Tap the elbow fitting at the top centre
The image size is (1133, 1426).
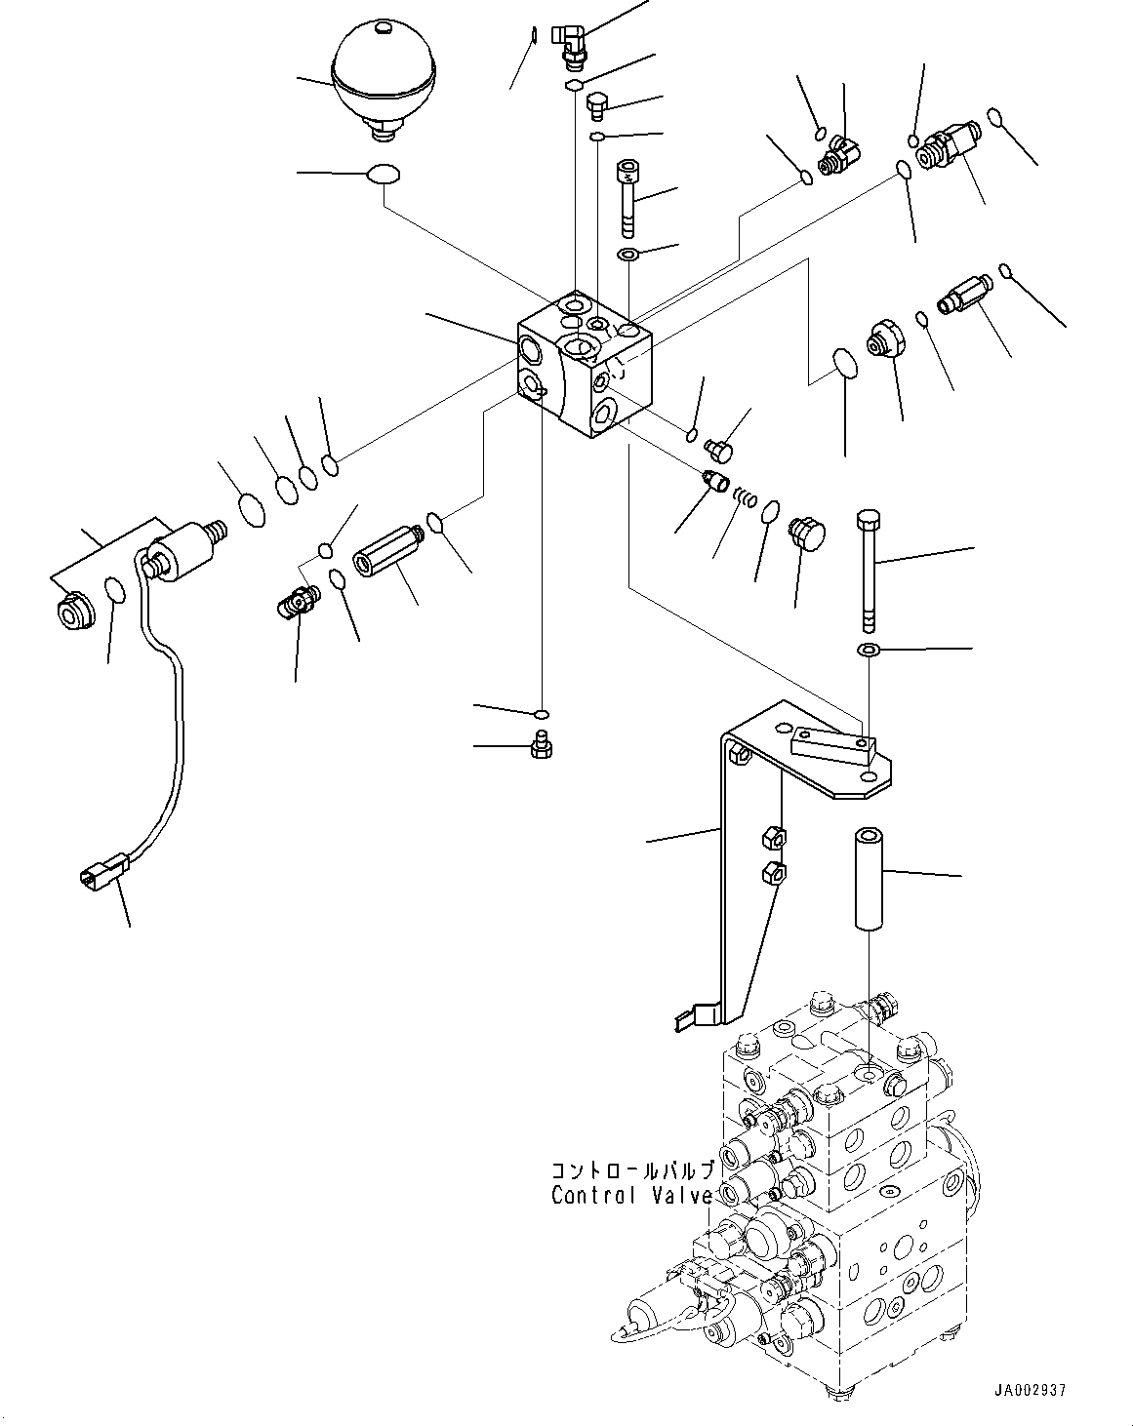[x=569, y=42]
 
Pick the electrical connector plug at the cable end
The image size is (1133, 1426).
[x=103, y=866]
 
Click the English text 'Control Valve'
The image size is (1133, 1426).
[x=631, y=1195]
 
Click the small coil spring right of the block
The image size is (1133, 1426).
[x=746, y=497]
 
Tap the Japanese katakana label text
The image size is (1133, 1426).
[x=633, y=1170]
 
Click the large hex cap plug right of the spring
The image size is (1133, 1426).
[x=806, y=533]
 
